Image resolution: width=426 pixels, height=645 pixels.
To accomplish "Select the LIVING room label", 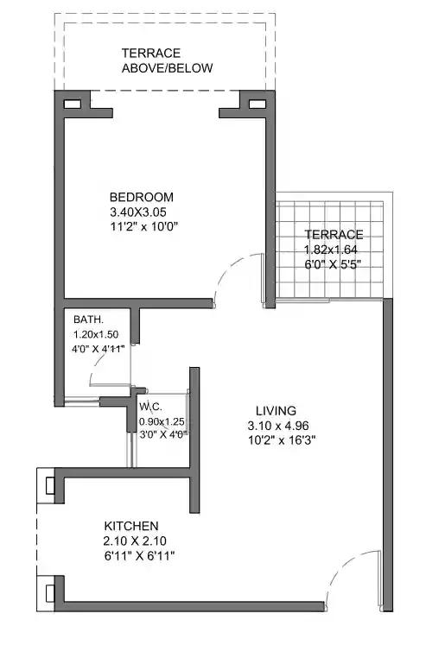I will click(x=276, y=410).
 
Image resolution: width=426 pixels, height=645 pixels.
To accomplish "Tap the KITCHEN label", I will click(x=131, y=526).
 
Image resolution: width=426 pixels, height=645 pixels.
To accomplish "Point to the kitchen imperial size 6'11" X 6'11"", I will click(x=139, y=556).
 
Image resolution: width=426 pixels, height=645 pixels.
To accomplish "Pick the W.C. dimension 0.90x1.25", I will click(x=162, y=421).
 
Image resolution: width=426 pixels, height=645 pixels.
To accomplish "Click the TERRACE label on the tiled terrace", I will click(x=333, y=235).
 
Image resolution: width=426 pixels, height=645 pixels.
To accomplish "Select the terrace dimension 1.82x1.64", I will click(x=332, y=250).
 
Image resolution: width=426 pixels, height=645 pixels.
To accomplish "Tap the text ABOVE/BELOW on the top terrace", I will click(x=167, y=68).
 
